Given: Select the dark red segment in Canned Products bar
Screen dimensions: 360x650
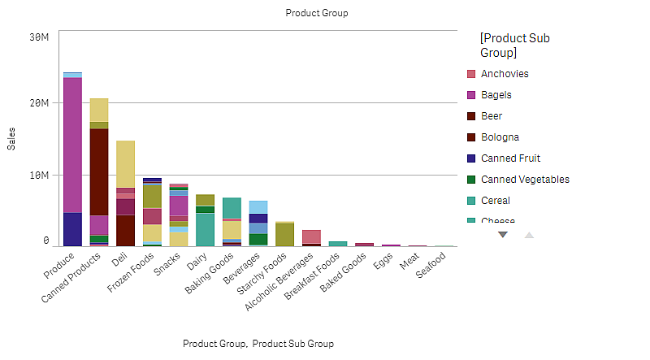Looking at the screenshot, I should click(x=98, y=171).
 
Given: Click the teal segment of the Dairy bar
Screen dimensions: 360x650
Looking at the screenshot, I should click(x=205, y=228).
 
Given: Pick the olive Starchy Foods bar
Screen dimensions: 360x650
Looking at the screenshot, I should click(x=284, y=234).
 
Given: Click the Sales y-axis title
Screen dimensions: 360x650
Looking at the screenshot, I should click(x=11, y=139).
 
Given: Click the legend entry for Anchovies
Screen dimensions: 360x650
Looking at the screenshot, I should click(x=504, y=74).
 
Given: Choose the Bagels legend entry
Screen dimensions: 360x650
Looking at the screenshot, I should click(x=496, y=95).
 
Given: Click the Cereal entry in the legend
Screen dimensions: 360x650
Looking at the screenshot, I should click(x=495, y=201).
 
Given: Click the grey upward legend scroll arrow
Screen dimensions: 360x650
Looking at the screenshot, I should click(x=529, y=235).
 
